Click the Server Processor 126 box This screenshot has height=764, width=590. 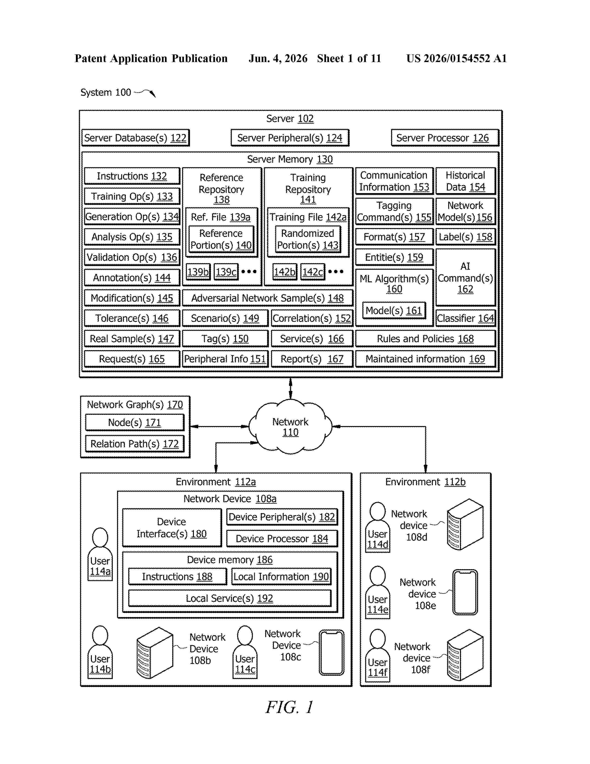(x=445, y=138)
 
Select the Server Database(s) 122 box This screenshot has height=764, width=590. (x=136, y=138)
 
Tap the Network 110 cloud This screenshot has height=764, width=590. (x=290, y=427)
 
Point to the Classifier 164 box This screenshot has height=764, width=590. (x=466, y=318)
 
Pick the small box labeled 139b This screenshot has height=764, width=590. (x=198, y=272)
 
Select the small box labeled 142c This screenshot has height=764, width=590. (x=313, y=272)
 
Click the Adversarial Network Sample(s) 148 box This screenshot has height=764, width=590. (x=268, y=298)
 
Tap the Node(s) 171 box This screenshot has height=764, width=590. (x=135, y=423)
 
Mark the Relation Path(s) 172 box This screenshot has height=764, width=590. (x=135, y=444)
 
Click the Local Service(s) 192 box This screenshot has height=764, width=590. (x=230, y=598)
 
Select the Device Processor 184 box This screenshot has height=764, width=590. (x=282, y=539)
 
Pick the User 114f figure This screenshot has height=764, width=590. (x=378, y=656)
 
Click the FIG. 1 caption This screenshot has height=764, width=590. (x=289, y=707)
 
